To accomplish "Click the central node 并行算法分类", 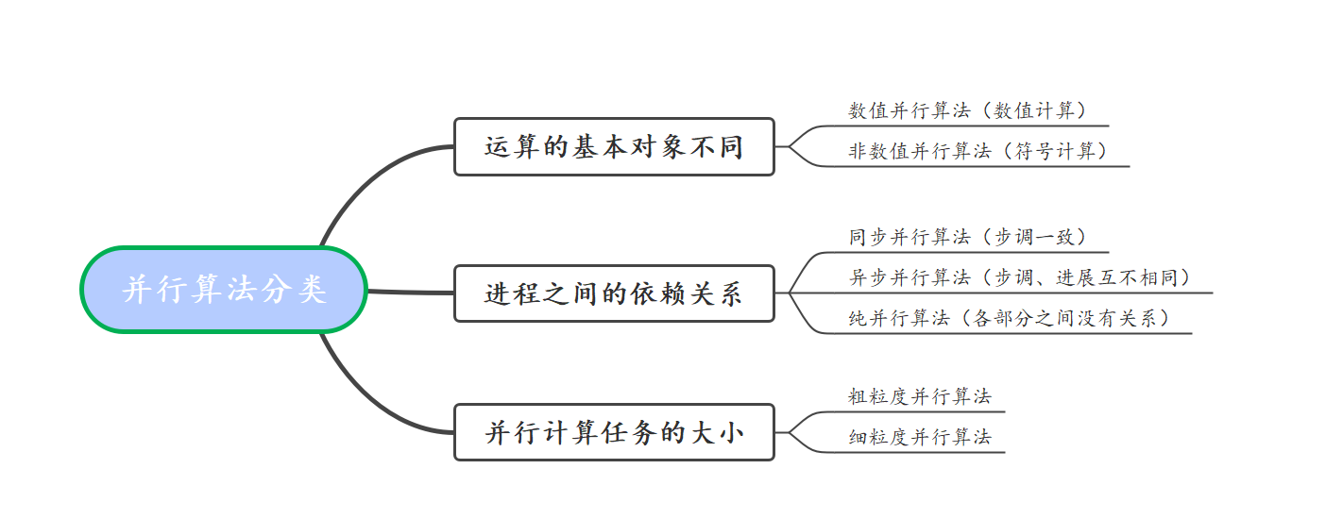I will point(224,290).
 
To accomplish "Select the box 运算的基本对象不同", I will point(614,147).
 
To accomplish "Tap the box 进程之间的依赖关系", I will point(614,293).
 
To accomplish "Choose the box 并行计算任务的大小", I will point(614,433).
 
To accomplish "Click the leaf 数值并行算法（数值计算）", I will point(967,111).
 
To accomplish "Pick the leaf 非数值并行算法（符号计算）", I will point(977,152).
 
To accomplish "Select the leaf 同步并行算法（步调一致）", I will point(967,238).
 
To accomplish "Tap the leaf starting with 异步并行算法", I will point(1019,278).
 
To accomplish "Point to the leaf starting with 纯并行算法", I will point(1009,319).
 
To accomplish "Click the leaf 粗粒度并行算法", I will point(919,396).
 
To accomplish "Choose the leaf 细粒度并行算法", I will point(919,437).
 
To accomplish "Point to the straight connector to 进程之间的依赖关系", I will point(410,292).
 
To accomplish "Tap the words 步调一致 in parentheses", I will point(1039,238).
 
